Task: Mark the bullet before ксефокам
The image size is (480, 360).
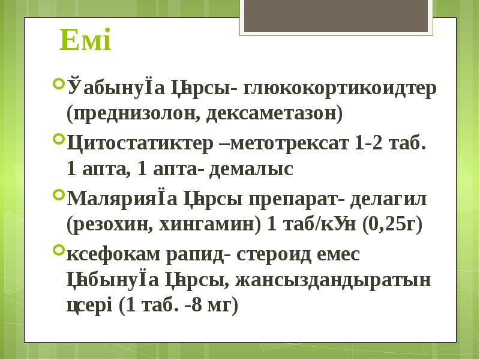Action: tap(58, 248)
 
